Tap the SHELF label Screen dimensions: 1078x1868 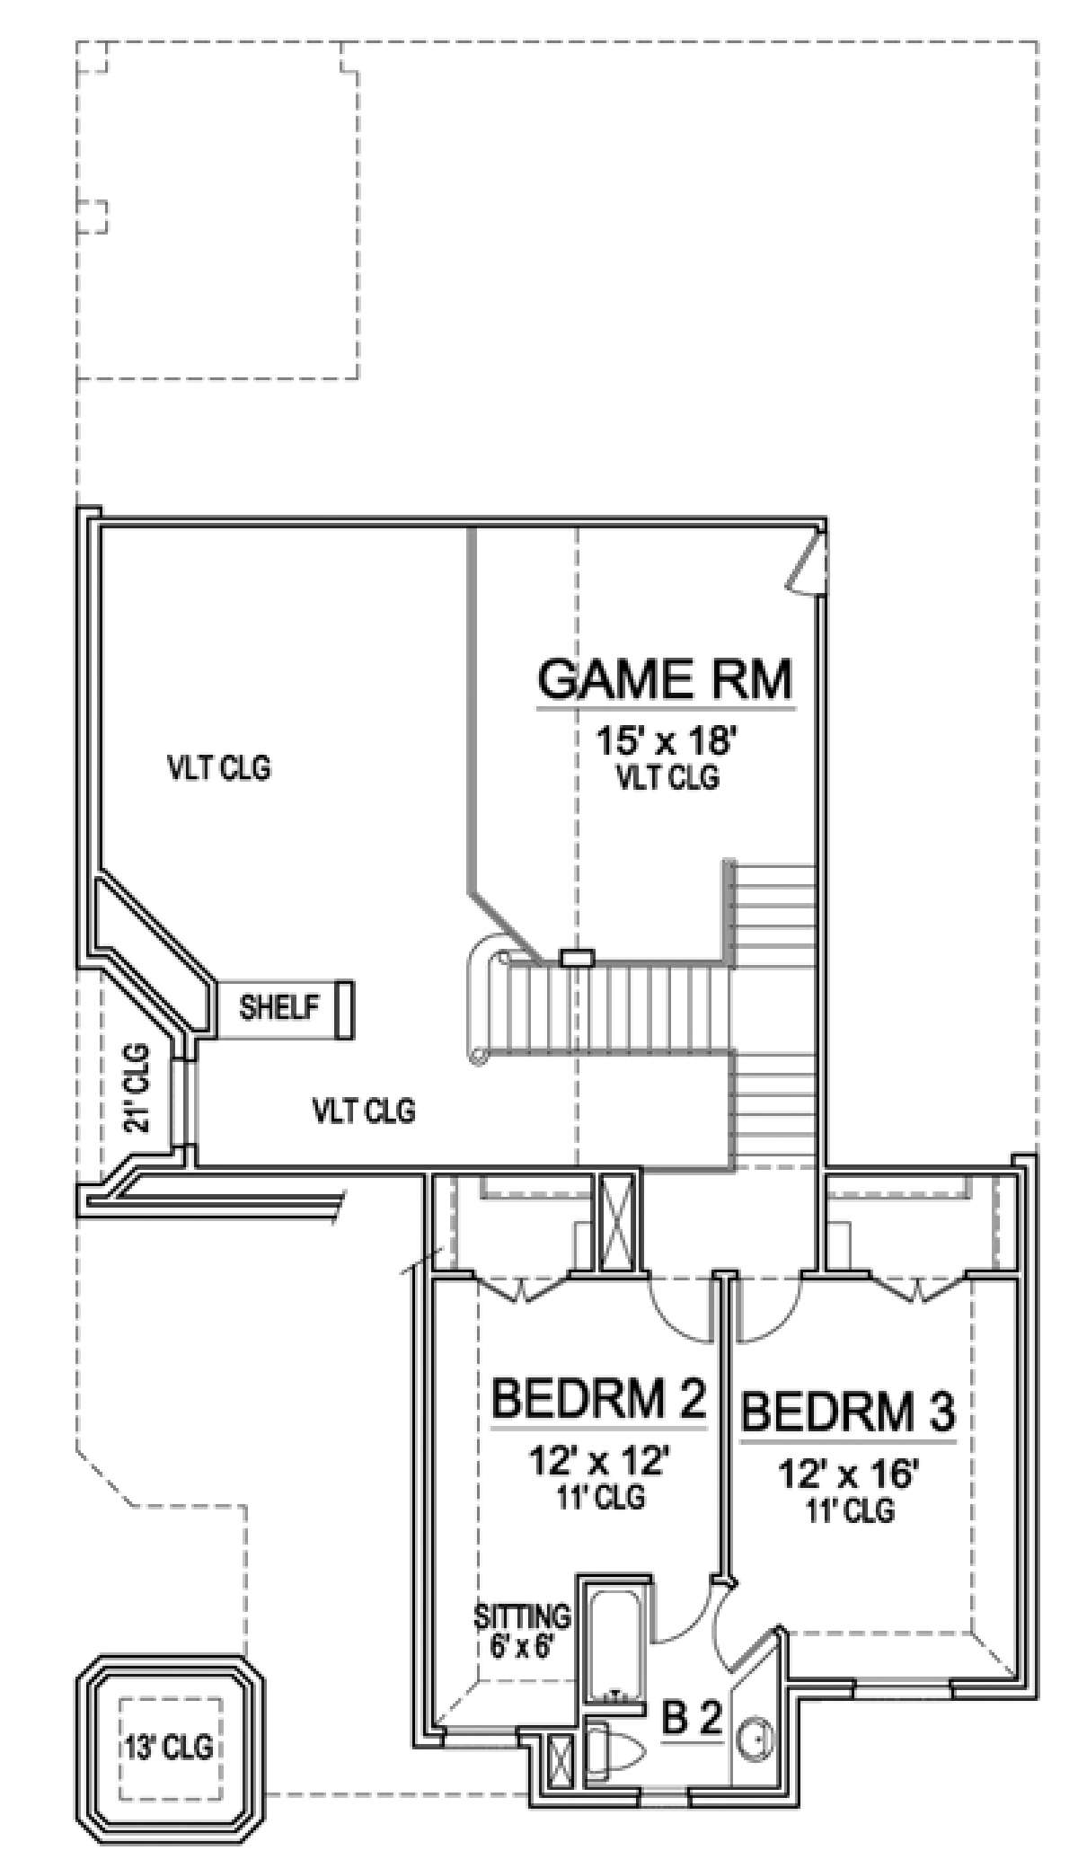(x=279, y=1007)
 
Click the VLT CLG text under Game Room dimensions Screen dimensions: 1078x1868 (x=667, y=778)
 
